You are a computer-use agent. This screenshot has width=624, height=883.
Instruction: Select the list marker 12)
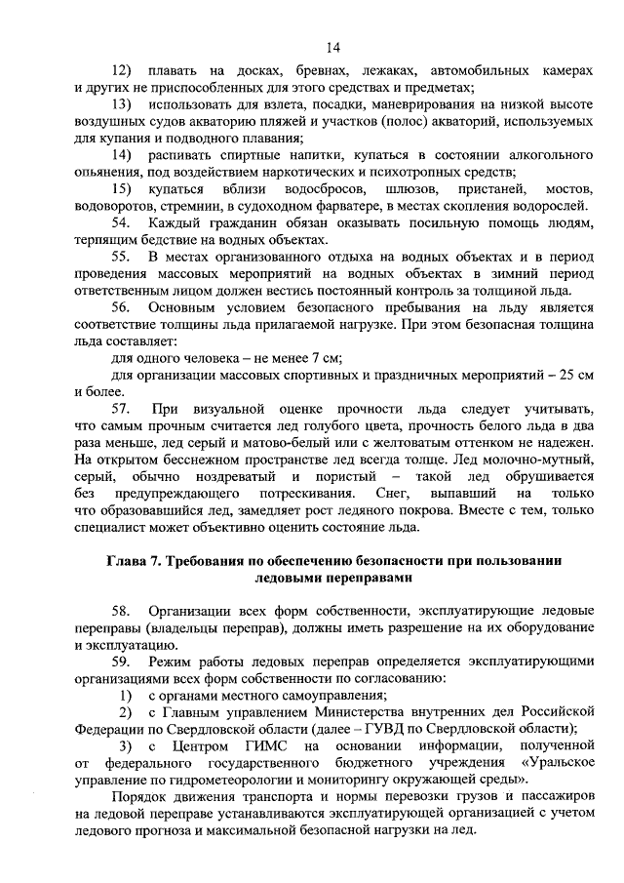pos(123,72)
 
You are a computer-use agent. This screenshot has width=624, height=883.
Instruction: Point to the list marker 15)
pos(123,187)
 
